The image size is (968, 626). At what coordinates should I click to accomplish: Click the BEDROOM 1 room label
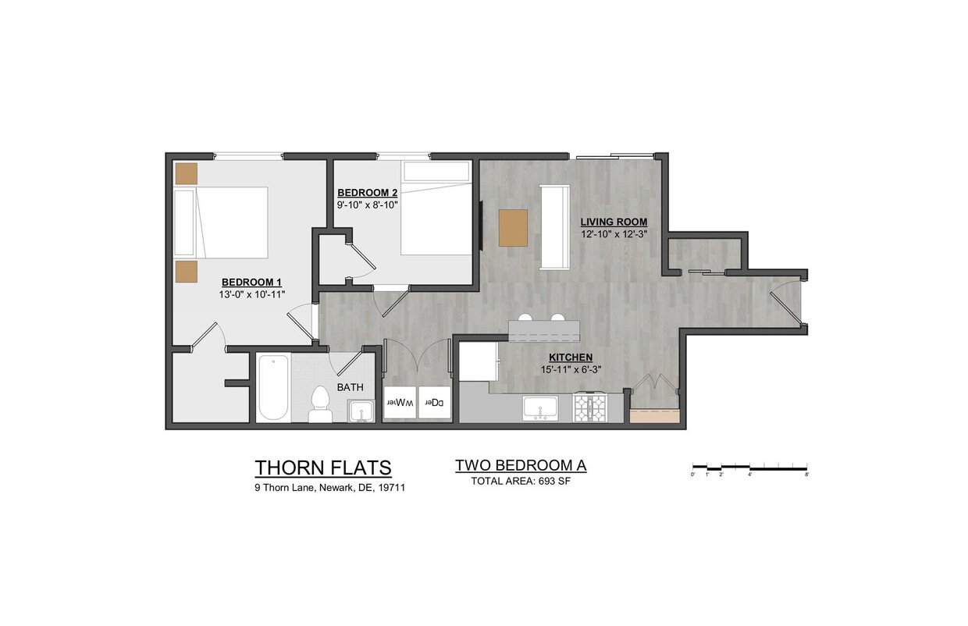coord(251,282)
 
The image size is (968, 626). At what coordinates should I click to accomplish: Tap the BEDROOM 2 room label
coord(368,192)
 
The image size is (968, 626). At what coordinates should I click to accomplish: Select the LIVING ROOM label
coord(614,222)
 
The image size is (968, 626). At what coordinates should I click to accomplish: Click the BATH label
coord(350,387)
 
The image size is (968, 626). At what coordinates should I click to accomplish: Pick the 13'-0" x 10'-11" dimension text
coord(252,295)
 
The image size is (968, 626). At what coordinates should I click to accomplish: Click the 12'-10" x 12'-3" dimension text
coord(614,233)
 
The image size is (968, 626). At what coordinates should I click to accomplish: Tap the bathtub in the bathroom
coord(273,387)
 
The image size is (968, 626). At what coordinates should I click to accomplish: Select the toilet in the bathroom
coord(320,404)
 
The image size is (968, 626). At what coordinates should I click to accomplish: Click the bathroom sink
coord(360,410)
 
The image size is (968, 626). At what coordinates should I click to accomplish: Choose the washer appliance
coord(400,403)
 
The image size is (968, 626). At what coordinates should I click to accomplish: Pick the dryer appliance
coord(435,403)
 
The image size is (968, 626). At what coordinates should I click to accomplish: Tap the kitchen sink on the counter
coord(540,407)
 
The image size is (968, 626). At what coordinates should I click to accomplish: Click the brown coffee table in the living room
coord(513,228)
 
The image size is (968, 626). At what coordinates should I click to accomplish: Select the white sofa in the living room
coord(555,227)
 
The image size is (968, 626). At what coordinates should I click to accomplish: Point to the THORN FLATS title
coord(322,468)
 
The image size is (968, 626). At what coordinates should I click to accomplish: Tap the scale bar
coord(749,468)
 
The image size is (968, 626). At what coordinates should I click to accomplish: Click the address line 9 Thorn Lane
coord(329,488)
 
